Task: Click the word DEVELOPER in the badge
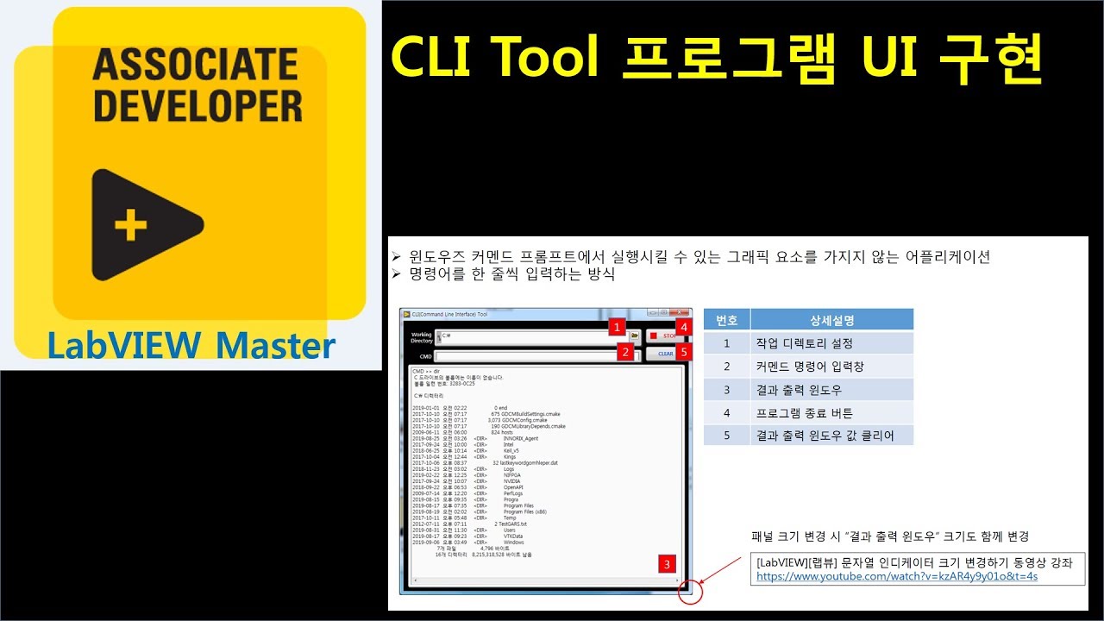(198, 104)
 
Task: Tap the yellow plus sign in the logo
(131, 225)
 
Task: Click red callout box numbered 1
(617, 327)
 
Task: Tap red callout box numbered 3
(666, 565)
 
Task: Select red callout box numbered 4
(682, 328)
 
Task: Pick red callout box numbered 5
(683, 352)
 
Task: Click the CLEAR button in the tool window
(663, 354)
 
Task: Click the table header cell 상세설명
(831, 320)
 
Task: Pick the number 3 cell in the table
(726, 390)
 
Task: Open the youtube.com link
(897, 576)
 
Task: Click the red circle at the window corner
(690, 592)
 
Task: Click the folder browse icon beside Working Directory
(635, 335)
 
